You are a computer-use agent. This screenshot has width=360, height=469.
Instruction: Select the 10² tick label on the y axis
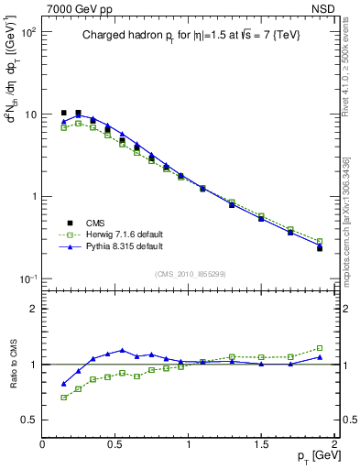[x=27, y=32]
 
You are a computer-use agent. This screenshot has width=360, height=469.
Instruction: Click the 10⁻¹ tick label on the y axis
[x=27, y=278]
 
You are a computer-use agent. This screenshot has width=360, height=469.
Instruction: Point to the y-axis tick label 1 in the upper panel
[x=33, y=197]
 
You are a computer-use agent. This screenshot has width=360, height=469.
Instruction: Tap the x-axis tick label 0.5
[x=115, y=444]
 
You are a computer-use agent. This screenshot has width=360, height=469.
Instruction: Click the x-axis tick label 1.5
[x=261, y=444]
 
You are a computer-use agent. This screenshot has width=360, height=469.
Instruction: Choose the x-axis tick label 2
[x=333, y=444]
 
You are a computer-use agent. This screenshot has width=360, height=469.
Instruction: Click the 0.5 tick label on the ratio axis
[x=28, y=420]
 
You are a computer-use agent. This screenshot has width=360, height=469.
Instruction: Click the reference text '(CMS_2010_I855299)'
[x=188, y=274]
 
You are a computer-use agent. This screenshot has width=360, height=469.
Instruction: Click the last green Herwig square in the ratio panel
[x=320, y=348]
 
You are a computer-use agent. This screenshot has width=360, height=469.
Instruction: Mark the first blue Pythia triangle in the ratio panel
[x=63, y=384]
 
